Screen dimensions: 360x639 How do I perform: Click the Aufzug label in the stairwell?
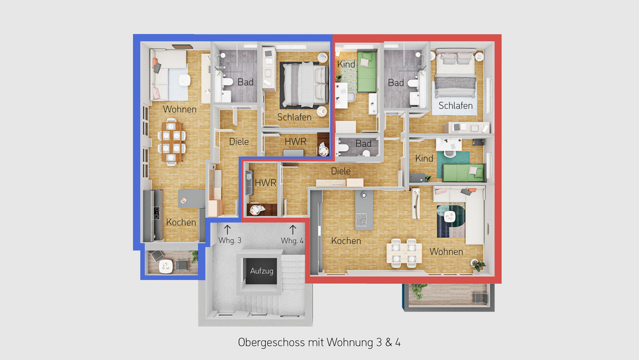point(262,271)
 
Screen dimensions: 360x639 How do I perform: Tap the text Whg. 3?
point(230,240)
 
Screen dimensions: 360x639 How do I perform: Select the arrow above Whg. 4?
point(293,228)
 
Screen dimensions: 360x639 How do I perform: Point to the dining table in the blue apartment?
point(172,142)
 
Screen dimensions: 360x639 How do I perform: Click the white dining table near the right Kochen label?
point(404,252)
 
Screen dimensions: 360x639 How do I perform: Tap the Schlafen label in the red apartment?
point(455,105)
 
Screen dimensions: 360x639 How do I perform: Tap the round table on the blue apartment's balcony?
point(167,262)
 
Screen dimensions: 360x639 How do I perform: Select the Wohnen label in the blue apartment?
point(180,109)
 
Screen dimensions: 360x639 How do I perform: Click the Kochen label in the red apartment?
point(346,241)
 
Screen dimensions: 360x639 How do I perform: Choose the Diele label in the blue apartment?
point(238,141)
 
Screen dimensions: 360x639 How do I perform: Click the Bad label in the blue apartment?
point(245,82)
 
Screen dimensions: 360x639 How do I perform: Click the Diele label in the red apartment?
point(341,171)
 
